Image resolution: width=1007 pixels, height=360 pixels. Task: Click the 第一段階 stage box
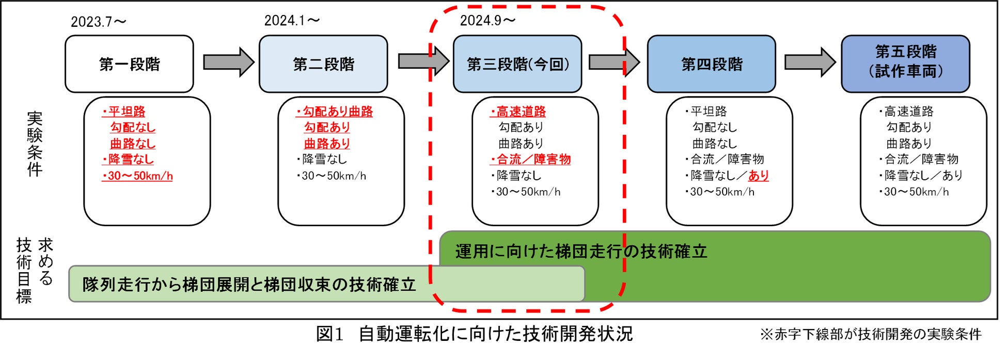pyautogui.click(x=129, y=64)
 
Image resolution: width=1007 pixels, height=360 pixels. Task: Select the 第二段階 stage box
pyautogui.click(x=323, y=64)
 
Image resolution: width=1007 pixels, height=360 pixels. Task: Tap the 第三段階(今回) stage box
pyautogui.click(x=517, y=64)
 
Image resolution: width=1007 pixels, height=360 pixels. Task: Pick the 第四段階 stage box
pyautogui.click(x=712, y=64)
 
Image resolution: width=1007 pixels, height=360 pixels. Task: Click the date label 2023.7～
pyautogui.click(x=98, y=22)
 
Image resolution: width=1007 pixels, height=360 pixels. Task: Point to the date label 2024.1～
pyautogui.click(x=292, y=21)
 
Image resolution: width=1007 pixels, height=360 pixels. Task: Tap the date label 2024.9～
pyautogui.click(x=487, y=21)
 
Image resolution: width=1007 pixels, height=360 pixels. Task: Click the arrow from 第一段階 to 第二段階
pyautogui.click(x=228, y=62)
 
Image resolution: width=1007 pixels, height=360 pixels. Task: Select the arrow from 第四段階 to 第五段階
pyautogui.click(x=810, y=62)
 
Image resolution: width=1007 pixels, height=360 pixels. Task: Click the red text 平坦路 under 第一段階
pyautogui.click(x=127, y=112)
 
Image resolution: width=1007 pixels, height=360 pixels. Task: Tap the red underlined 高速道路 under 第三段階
pyautogui.click(x=521, y=112)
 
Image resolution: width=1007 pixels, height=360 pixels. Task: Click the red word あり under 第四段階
pyautogui.click(x=759, y=176)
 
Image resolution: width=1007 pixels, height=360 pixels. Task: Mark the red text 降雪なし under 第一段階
pyautogui.click(x=131, y=160)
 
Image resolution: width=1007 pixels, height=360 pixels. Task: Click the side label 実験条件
pyautogui.click(x=35, y=144)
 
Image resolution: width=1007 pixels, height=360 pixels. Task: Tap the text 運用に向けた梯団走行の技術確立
pyautogui.click(x=581, y=252)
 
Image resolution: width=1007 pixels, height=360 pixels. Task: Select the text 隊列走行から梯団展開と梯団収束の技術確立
pyautogui.click(x=249, y=284)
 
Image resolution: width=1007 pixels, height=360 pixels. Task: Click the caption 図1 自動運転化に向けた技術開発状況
pyautogui.click(x=474, y=334)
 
